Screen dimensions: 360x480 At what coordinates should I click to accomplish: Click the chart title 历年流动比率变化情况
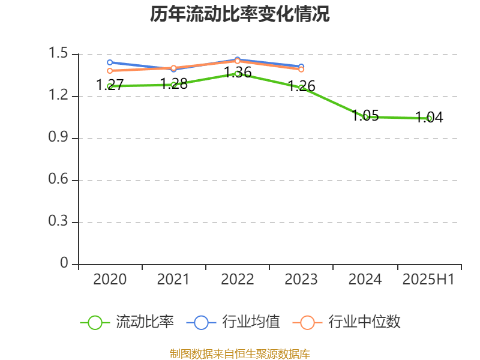[240, 14]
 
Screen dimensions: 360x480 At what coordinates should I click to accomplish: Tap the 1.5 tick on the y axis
[58, 54]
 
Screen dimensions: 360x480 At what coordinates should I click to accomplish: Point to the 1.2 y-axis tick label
[58, 96]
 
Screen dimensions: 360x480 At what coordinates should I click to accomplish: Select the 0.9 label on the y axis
[58, 138]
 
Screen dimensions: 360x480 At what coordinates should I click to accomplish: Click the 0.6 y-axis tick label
[58, 180]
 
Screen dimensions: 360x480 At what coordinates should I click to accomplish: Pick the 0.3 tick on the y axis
[58, 222]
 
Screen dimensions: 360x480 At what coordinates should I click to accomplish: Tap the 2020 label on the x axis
[110, 279]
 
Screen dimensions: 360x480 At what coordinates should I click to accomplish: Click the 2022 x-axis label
[238, 279]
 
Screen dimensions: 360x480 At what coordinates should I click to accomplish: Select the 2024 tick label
[365, 279]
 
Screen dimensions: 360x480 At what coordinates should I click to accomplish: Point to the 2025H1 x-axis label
[428, 279]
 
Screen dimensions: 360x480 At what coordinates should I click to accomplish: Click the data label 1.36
[238, 73]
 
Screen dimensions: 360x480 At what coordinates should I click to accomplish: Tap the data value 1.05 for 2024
[365, 116]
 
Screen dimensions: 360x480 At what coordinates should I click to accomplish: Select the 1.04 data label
[429, 118]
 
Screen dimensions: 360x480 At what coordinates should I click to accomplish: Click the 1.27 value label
[110, 85]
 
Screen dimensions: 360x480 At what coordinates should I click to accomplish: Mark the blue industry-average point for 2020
[110, 62]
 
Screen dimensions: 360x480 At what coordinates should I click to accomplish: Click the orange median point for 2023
[301, 70]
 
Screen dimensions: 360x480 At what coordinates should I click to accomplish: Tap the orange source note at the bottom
[240, 353]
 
